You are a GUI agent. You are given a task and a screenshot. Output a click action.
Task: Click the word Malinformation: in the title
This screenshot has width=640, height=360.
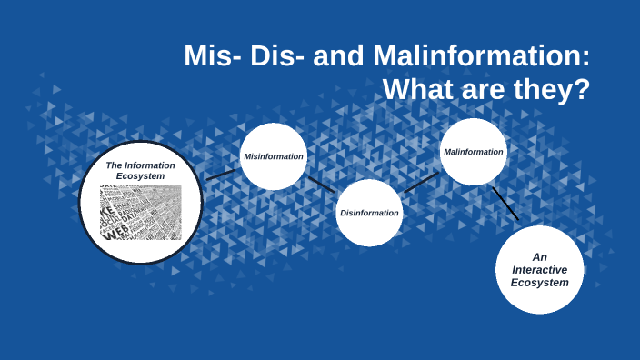pos(482,56)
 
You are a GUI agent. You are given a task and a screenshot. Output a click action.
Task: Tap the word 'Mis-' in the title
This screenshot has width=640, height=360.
pos(213,56)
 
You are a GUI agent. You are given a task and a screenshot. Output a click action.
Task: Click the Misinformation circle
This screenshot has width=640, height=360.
pos(273,156)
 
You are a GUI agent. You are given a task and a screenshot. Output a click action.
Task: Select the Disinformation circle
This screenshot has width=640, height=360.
pos(369,213)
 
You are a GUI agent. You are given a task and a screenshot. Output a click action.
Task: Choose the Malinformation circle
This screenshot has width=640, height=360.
pos(474,152)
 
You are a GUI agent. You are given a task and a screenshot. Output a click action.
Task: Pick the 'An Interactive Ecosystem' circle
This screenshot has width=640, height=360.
pos(539,270)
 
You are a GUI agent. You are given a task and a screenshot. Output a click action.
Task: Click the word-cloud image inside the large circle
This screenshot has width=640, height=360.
pos(140,213)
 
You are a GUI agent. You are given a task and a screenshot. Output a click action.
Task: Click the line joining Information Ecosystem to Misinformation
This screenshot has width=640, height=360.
pos(221,173)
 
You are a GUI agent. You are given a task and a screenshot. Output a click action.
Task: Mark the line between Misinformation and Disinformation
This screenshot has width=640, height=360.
pos(321,185)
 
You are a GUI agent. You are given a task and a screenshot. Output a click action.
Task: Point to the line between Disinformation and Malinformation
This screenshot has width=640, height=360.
pos(421,182)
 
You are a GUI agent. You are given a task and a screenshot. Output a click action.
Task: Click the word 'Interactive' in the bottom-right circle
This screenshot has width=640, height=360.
pos(539,270)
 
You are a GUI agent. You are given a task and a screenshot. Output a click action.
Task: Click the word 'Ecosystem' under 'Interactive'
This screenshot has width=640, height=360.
pos(539,283)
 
